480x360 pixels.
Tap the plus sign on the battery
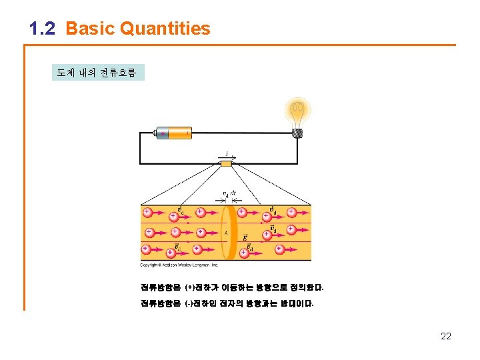[x=163, y=133]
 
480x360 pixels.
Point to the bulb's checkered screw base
[x=297, y=133]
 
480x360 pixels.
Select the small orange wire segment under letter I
[x=226, y=163]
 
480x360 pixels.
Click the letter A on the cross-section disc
[x=226, y=233]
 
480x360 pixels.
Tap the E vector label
[x=245, y=237]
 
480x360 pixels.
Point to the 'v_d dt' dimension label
[x=229, y=195]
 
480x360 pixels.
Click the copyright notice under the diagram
[x=179, y=265]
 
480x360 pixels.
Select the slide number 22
[x=446, y=336]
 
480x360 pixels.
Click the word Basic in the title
[x=91, y=29]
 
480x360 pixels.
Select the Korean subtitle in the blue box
[x=97, y=72]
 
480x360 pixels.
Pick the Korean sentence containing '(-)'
[x=227, y=303]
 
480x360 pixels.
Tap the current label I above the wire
[x=226, y=154]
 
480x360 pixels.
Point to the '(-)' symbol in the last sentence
[x=191, y=303]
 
